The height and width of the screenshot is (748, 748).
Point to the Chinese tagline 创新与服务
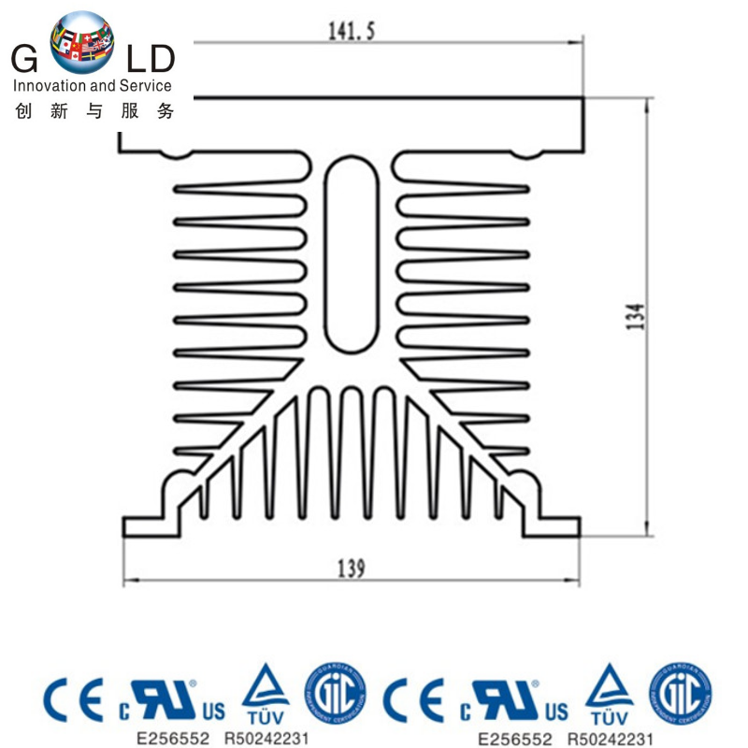(94, 111)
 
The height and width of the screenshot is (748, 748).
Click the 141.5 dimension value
(352, 31)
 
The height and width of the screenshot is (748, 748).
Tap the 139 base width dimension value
(352, 568)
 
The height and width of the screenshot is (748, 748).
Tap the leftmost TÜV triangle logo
(266, 693)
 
